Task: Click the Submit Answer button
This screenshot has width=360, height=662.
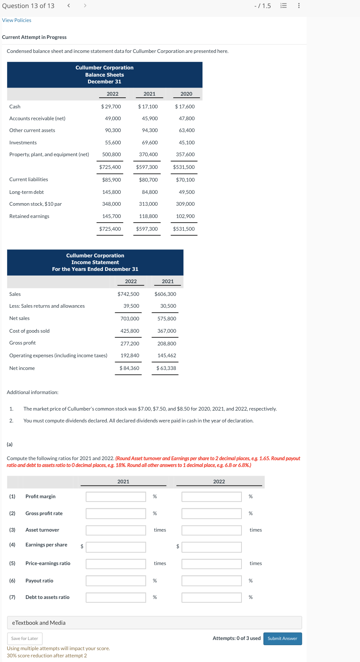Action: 282,638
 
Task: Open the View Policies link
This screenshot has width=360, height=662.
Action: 17,20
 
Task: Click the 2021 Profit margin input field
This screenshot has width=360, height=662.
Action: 116,496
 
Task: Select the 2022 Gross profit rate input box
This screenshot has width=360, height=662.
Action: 211,513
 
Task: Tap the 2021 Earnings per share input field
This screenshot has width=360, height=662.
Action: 116,547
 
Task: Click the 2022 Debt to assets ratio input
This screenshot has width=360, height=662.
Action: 211,597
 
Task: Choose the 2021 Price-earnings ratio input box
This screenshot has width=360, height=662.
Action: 116,563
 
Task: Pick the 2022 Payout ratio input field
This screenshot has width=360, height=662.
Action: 211,581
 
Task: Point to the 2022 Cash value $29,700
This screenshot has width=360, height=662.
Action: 111,107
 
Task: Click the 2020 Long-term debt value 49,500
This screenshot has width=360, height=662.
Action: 187,192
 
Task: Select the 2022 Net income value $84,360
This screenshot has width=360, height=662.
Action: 130,368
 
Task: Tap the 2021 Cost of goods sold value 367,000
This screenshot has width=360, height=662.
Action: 167,331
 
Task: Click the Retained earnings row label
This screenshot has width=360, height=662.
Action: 29,216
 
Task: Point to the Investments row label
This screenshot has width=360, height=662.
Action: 23,143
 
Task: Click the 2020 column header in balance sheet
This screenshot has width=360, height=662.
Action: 186,94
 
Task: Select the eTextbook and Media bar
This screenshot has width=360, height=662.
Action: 154,623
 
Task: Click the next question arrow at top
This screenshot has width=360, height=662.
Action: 84,6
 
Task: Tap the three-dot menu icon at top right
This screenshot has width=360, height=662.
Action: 299,6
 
